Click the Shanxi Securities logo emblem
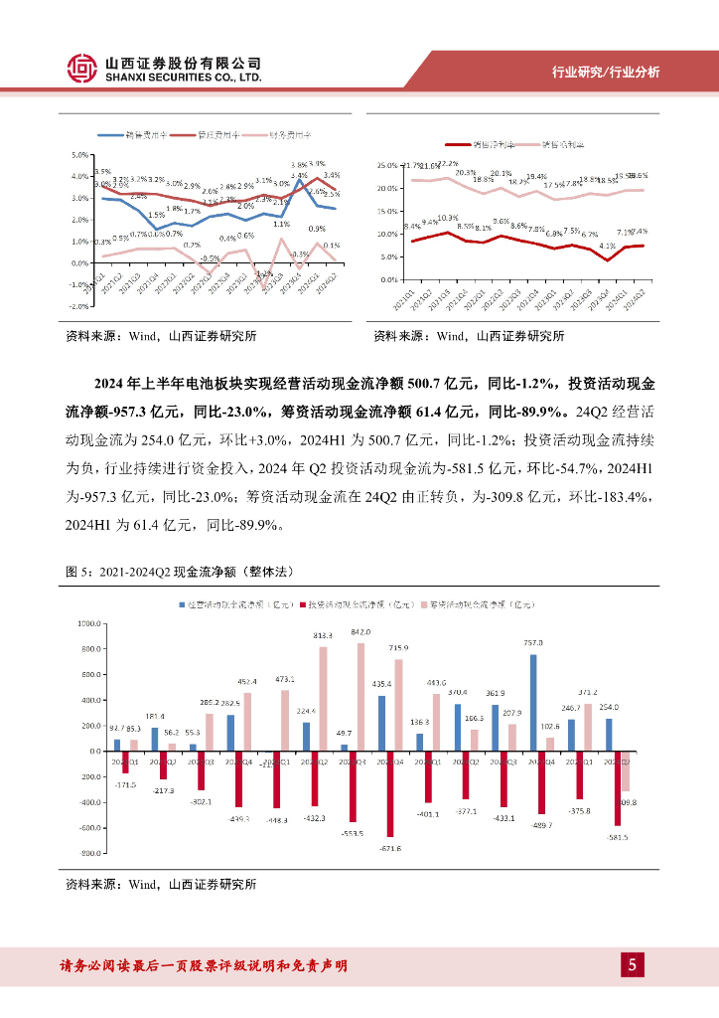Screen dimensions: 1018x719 (83, 68)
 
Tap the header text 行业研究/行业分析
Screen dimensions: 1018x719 (606, 73)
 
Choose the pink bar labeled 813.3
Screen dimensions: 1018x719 (323, 699)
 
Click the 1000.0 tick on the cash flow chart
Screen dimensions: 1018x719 (89, 623)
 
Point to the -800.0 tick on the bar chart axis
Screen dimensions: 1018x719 (89, 853)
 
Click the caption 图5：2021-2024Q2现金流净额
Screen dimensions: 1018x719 (179, 574)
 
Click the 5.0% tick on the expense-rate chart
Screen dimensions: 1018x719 (79, 155)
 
